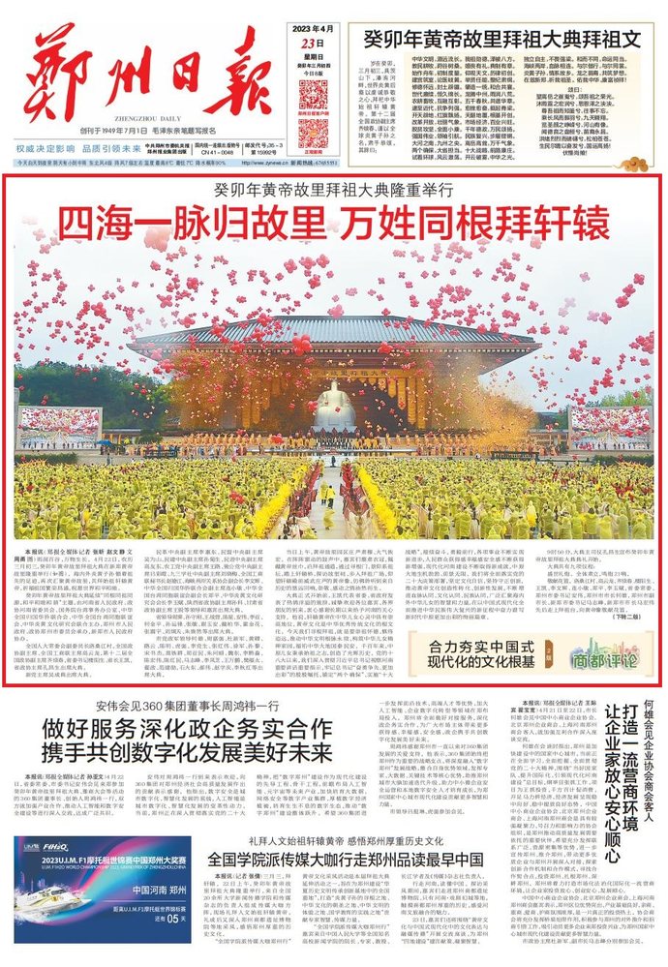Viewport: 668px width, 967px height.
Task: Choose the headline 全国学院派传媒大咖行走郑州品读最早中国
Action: pos(345,861)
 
